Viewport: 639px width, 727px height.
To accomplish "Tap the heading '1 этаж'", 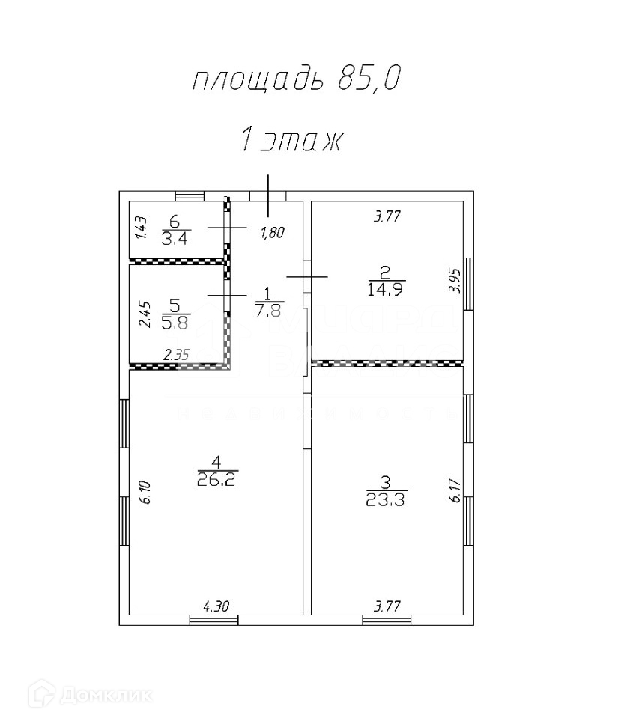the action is click(291, 140).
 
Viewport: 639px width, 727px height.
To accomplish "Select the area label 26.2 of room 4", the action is click(216, 480).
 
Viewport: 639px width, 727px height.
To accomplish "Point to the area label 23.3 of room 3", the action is click(386, 501).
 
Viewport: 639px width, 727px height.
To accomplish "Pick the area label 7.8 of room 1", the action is click(268, 309).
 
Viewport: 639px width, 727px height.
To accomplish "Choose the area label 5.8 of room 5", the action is click(175, 322).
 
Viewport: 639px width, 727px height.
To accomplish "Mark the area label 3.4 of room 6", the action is click(175, 240).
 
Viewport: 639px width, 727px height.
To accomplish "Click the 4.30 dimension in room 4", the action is click(216, 607).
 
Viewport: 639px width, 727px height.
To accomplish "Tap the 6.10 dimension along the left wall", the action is click(145, 492).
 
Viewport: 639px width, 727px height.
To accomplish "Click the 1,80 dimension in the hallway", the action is click(272, 233).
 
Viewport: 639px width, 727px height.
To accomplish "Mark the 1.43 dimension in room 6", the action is click(140, 228).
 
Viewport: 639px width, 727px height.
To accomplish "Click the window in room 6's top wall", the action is click(190, 196).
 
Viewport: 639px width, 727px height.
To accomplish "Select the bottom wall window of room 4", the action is click(213, 619).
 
